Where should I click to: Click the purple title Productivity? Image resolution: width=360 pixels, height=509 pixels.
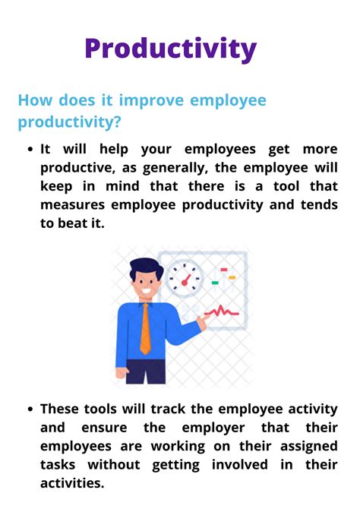tap(170, 49)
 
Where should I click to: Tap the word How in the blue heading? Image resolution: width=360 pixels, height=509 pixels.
tap(35, 101)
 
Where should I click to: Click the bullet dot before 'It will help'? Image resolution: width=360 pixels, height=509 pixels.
tap(29, 150)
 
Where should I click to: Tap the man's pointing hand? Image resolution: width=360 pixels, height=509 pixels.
tap(202, 323)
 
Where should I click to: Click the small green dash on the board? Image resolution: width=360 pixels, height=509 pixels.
tap(215, 283)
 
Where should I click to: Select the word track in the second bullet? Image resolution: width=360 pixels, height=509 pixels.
tap(151, 409)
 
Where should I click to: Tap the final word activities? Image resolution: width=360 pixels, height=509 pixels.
tap(74, 483)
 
